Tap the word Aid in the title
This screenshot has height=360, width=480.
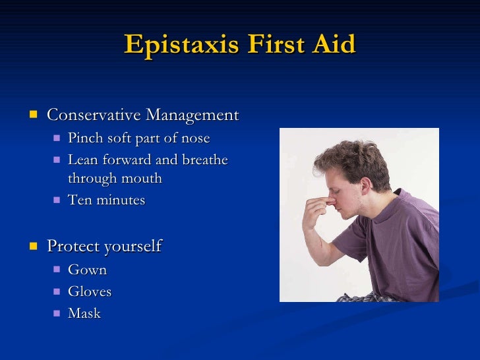click(335, 44)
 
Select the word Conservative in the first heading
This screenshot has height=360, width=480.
click(94, 115)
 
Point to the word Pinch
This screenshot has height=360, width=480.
click(84, 138)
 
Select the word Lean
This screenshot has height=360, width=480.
click(82, 160)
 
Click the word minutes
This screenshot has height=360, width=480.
click(121, 200)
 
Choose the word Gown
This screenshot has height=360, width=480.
click(87, 270)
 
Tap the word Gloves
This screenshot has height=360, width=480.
click(90, 291)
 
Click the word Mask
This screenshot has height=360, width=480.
click(84, 313)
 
